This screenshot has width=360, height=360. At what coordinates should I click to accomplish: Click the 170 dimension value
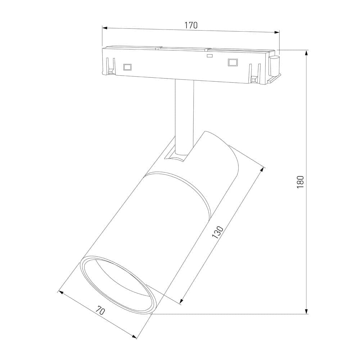click(191, 25)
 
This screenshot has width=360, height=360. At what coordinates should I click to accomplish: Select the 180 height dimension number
click(301, 182)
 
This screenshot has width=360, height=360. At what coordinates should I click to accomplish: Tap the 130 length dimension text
click(218, 233)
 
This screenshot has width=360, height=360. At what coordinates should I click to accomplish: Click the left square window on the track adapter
click(127, 67)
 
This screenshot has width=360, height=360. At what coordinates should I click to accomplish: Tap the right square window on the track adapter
click(233, 62)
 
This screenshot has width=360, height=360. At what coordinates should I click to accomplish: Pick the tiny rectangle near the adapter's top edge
click(209, 56)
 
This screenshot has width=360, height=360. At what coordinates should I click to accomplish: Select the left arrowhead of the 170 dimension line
click(105, 27)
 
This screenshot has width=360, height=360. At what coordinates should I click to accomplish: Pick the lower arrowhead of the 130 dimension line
click(181, 301)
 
